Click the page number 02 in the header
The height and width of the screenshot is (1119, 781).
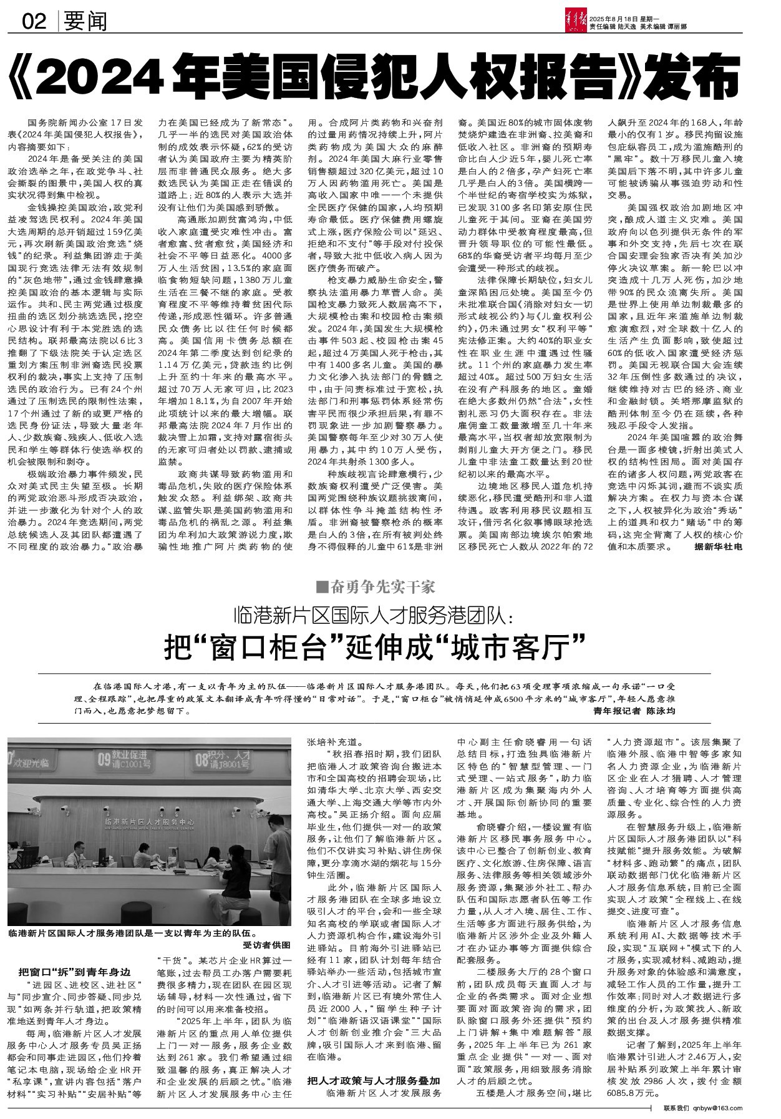click(x=35, y=22)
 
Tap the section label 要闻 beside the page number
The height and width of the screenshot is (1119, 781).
click(x=85, y=22)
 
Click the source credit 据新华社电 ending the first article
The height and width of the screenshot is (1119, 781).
click(x=718, y=546)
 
